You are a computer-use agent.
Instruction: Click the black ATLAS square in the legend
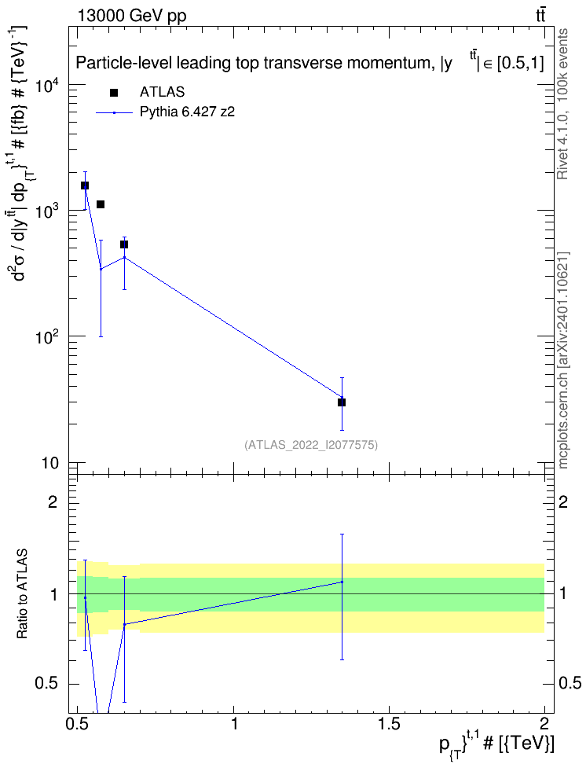(114, 93)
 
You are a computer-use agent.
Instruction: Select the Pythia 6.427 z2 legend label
(188, 112)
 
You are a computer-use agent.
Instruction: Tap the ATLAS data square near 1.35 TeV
(342, 402)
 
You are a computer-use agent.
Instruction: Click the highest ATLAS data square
(85, 185)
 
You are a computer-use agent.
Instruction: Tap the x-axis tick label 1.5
(389, 724)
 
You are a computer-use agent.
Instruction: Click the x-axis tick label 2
(544, 724)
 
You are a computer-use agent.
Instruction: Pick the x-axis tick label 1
(234, 724)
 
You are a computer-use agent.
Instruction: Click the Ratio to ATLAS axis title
(23, 594)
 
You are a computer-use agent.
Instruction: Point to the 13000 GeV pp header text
(131, 17)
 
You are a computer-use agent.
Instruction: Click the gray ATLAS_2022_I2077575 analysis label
(311, 445)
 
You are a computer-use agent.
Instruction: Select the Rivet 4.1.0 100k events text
(562, 105)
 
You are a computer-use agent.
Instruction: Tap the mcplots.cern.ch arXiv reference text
(562, 360)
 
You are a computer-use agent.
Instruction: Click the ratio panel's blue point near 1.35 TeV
(342, 582)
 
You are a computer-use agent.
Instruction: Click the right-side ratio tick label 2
(563, 501)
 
